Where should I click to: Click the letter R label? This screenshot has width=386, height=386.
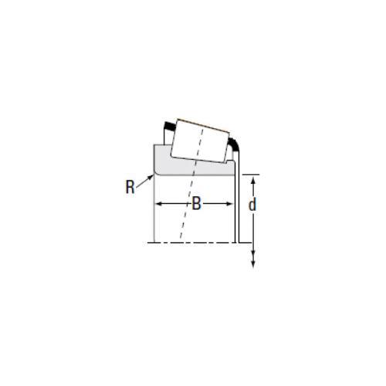click(x=130, y=187)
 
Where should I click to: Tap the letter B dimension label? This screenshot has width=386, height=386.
click(x=196, y=204)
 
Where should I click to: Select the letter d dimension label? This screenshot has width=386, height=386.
click(x=252, y=205)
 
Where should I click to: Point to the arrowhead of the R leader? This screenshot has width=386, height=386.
click(x=151, y=177)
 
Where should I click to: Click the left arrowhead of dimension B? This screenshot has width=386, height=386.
click(x=160, y=204)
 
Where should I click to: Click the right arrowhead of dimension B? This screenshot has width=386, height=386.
click(x=229, y=204)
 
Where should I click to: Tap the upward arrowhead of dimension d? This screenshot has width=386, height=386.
click(x=253, y=180)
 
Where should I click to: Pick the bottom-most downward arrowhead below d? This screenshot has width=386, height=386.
click(x=253, y=264)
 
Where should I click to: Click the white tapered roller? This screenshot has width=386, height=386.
click(x=200, y=141)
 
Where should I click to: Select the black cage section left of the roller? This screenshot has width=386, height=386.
click(x=169, y=126)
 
